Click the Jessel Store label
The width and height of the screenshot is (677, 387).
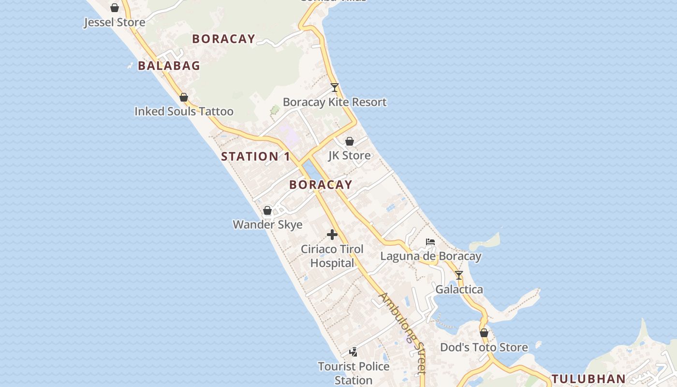(x=115, y=22)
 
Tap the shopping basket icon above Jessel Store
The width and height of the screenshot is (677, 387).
(x=115, y=8)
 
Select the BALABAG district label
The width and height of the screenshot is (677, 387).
(x=169, y=66)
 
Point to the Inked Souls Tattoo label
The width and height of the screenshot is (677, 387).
(x=184, y=111)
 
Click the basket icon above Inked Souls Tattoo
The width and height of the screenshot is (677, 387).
(x=184, y=97)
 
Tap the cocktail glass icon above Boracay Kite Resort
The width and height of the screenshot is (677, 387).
(x=334, y=88)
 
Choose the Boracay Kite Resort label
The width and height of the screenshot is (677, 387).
(x=335, y=102)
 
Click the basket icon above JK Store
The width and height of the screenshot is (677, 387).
(x=350, y=141)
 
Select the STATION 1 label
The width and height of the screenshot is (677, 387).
(x=255, y=156)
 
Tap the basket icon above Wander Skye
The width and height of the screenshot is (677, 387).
(x=267, y=210)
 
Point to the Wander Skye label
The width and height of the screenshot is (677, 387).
(x=267, y=224)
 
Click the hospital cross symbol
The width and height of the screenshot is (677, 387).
(x=332, y=235)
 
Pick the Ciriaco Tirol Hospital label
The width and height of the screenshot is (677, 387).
(x=332, y=256)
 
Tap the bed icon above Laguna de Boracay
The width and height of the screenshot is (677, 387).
(x=430, y=242)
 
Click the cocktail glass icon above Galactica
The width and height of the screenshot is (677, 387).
(x=459, y=275)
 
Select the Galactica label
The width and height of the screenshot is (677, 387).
(x=459, y=289)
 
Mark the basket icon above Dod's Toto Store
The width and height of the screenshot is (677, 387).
(x=484, y=333)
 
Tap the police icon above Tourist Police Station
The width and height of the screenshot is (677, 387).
(x=353, y=352)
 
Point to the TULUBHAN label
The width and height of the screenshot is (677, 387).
(x=589, y=379)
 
